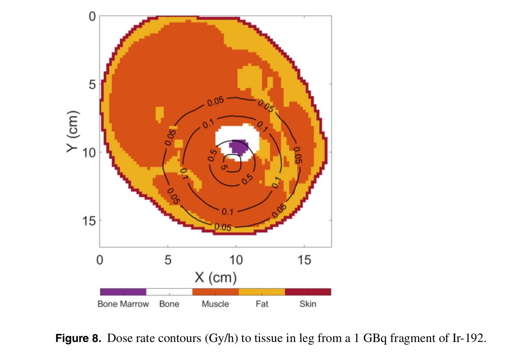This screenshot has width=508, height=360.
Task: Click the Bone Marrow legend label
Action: pos(123,304)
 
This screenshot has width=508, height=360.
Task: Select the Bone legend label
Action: pos(169,304)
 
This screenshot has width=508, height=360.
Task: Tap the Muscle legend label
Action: pos(215,304)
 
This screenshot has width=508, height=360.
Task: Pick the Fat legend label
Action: pos(262,304)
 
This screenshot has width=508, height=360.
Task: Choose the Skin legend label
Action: pos(308,304)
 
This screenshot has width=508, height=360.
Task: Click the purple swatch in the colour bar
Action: pos(123,292)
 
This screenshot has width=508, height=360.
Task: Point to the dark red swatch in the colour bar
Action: pos(308,292)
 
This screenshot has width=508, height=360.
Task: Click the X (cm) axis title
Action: pos(216,278)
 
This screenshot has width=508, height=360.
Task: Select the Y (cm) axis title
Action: pos(73,132)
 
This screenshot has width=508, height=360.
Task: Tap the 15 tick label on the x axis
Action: pos(304,260)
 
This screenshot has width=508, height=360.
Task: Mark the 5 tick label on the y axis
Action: pos(92,85)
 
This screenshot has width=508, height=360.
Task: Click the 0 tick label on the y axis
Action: pos(92,17)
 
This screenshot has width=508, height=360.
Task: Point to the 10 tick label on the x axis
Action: pos(236,260)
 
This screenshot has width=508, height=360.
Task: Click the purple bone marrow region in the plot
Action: pos(239,147)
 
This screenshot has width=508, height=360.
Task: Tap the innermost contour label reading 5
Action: pos(224,166)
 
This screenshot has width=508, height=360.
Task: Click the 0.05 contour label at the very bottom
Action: pos(223,227)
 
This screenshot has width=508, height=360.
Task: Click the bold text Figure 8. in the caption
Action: pos(78,338)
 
